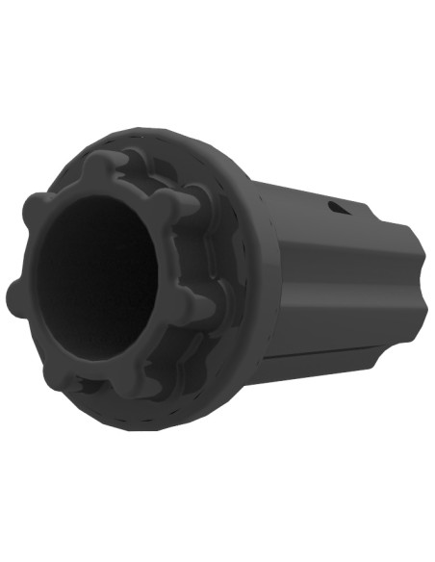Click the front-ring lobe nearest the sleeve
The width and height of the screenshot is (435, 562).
coord(197,306)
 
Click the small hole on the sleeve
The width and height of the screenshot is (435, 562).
coord(333,207)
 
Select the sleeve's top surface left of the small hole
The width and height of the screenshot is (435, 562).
coord(289,192)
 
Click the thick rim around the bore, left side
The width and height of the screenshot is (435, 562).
coord(38,279)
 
